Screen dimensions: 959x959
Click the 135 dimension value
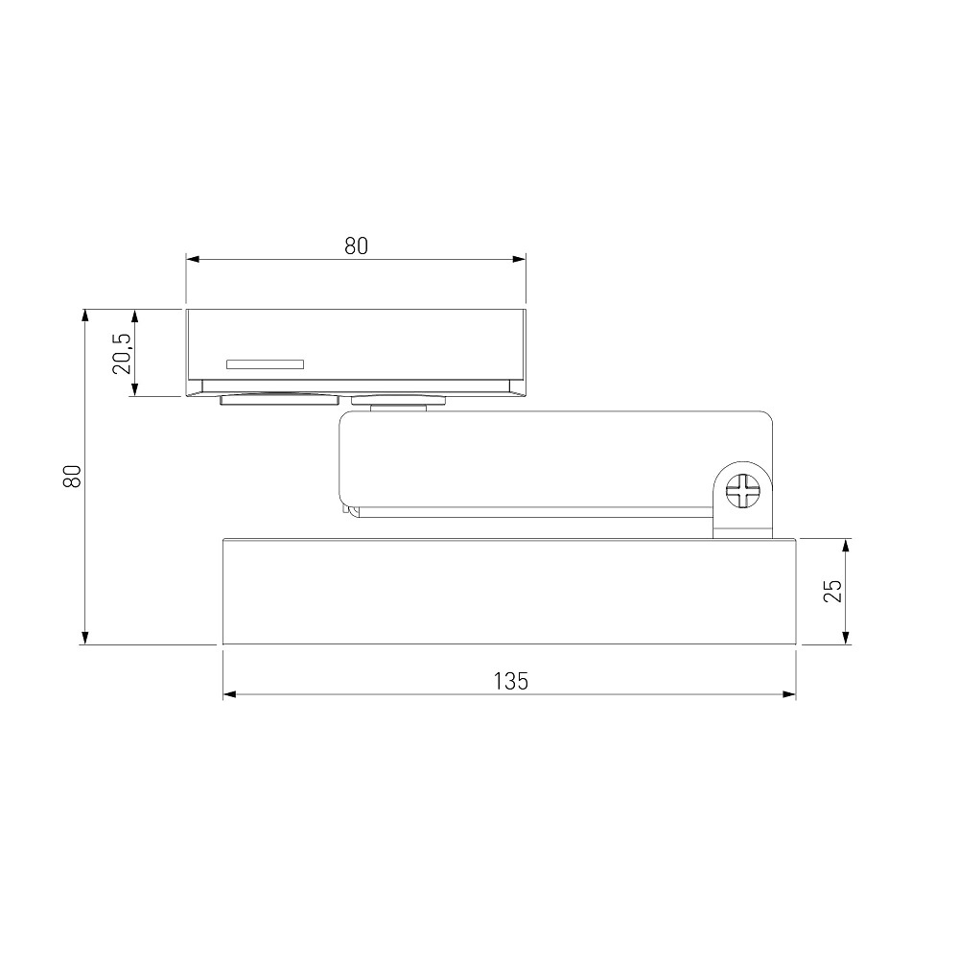[511, 681]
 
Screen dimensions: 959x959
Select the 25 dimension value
[833, 591]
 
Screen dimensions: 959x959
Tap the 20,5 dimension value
[122, 353]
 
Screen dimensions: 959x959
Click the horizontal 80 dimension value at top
[356, 246]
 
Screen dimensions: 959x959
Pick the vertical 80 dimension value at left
[72, 477]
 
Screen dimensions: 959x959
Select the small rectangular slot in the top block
[265, 364]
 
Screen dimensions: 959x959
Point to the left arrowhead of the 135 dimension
[230, 694]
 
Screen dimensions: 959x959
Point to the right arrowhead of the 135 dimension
[789, 694]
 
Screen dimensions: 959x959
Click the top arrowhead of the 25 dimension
[846, 547]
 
